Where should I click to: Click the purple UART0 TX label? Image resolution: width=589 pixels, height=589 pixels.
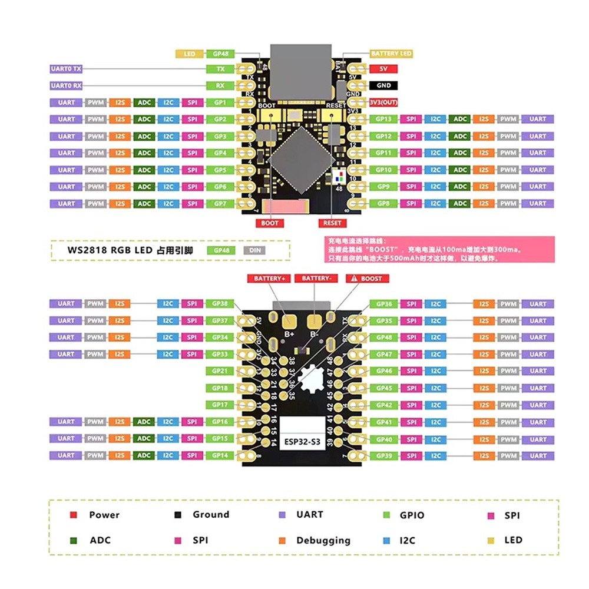(66, 69)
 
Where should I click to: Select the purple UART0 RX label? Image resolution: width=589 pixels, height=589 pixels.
(66, 86)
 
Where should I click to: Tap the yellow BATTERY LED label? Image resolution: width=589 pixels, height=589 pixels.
(391, 54)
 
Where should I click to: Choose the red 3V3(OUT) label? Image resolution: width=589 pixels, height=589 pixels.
(383, 102)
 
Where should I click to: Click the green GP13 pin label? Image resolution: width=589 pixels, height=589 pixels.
(383, 119)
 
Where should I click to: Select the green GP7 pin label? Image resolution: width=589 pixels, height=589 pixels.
(220, 204)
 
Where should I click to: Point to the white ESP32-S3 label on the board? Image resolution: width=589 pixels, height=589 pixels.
(303, 442)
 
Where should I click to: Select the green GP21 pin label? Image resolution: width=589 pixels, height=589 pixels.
(220, 371)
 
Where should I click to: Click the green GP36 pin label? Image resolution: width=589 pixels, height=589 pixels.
(383, 304)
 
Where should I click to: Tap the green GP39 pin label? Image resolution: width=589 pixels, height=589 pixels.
(383, 456)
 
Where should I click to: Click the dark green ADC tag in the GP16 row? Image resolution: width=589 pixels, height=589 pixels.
(144, 422)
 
